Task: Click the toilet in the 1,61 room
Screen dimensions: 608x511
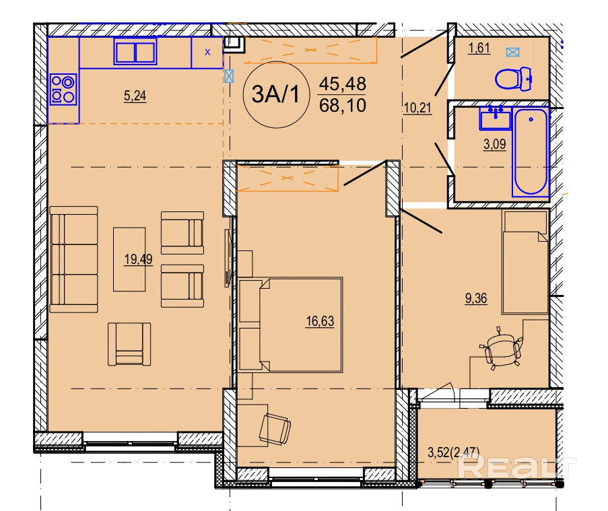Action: tap(512, 79)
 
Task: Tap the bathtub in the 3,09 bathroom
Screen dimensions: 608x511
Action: tap(531, 151)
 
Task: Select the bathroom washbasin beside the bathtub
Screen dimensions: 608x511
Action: tap(495, 117)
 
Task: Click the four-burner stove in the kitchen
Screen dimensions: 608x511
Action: tap(63, 90)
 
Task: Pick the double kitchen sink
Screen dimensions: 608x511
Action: tap(135, 52)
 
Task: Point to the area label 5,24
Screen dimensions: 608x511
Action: tap(135, 96)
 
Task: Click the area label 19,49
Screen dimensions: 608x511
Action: tap(139, 259)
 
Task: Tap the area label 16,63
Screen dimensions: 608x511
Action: tap(320, 321)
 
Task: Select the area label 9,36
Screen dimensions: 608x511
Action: tap(476, 298)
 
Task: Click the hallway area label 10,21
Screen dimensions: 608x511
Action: tap(417, 108)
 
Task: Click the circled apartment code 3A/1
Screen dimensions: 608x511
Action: tap(275, 94)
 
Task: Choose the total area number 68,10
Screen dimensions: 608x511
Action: tap(343, 106)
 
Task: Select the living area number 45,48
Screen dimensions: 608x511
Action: tap(343, 83)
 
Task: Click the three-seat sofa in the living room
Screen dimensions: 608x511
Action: tap(73, 259)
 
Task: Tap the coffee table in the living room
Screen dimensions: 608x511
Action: tap(129, 259)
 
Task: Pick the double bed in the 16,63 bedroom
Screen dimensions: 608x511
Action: tap(290, 325)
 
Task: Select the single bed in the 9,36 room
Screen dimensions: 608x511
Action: tap(525, 262)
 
